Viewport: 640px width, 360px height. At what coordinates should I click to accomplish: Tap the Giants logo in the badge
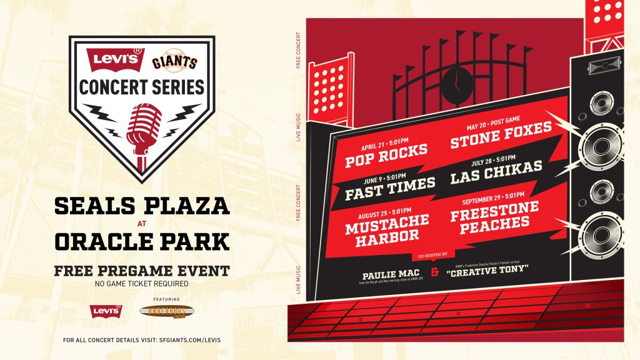[175, 62]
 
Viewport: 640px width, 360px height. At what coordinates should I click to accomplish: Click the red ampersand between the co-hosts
[434, 273]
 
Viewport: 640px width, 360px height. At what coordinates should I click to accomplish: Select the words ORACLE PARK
[142, 239]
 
